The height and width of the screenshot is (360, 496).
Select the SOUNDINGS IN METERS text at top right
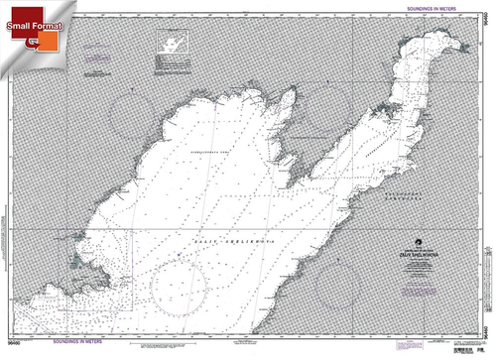coord(430,8)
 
